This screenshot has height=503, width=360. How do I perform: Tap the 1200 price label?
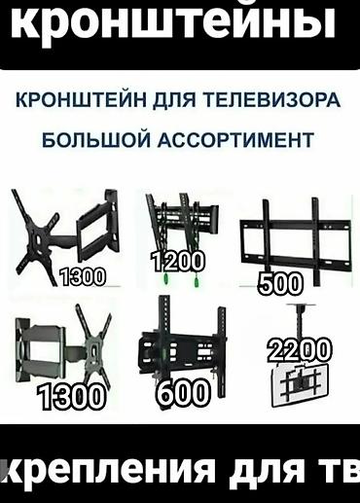tap(178, 261)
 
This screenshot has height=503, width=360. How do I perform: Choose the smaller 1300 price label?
tap(82, 276)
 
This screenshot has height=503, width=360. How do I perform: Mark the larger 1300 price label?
tap(72, 396)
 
